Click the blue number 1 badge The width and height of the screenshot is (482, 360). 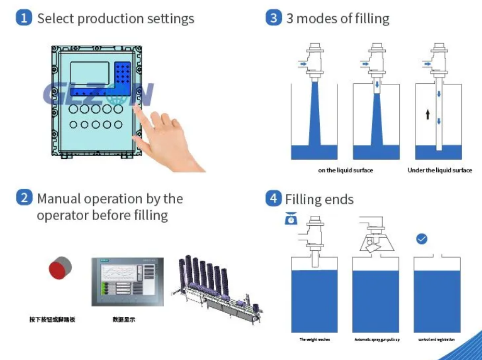[23, 19]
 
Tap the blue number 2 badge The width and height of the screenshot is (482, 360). [23, 198]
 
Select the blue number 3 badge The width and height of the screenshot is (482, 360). [273, 19]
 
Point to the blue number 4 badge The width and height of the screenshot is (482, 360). [273, 198]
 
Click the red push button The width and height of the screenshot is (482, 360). [60, 269]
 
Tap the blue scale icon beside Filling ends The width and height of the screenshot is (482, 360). [291, 219]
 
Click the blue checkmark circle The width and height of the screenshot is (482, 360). [422, 239]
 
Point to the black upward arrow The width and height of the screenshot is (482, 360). [427, 114]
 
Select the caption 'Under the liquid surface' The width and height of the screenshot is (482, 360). [439, 170]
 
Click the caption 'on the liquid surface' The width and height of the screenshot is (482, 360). [345, 170]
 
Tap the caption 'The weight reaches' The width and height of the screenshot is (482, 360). [314, 340]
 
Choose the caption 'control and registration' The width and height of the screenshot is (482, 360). [436, 340]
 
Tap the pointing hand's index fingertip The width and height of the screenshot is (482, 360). [137, 107]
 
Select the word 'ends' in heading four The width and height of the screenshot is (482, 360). [340, 199]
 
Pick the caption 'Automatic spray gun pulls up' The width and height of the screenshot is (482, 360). [376, 340]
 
